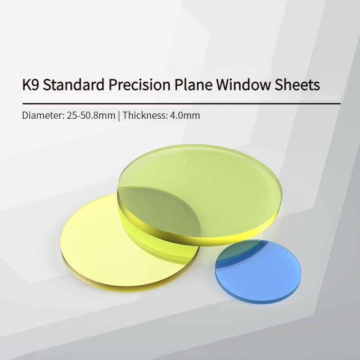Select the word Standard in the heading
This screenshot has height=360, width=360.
74,84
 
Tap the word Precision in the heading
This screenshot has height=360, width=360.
139,84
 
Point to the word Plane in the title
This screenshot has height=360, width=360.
193,84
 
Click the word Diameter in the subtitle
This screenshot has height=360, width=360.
43,115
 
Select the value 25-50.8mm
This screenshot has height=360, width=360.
91,115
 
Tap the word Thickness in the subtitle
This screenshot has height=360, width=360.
145,115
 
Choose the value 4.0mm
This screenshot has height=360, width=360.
185,115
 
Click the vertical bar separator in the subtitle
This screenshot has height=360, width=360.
119,116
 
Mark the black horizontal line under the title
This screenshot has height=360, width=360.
181,104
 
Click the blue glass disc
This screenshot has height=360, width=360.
258,271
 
